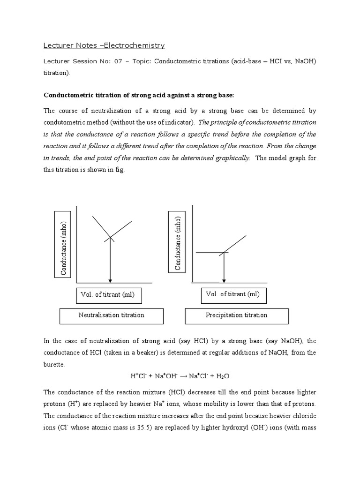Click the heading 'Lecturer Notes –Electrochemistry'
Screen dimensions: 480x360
click(x=104, y=45)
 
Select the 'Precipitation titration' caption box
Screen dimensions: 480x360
click(x=237, y=315)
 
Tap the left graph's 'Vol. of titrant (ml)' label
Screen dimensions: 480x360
click(x=108, y=295)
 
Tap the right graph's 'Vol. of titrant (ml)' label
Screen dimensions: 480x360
click(x=232, y=294)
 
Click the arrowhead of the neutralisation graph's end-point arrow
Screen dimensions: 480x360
click(x=110, y=280)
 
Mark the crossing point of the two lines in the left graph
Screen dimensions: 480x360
click(x=110, y=237)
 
